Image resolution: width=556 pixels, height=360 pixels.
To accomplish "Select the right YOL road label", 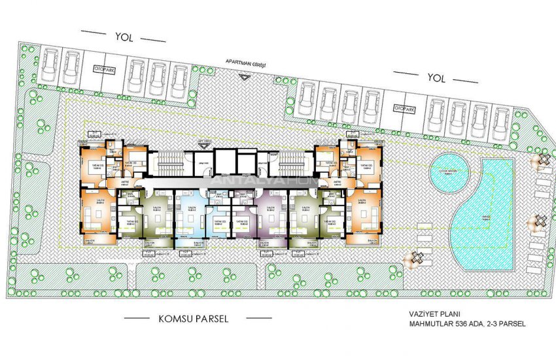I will (436, 78).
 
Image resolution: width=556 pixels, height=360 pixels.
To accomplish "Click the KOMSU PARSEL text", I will (194, 319).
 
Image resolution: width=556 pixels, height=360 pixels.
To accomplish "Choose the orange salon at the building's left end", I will (96, 213).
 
